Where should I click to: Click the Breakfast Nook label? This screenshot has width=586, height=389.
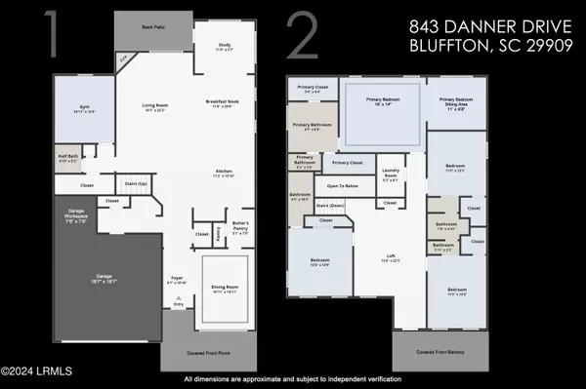(224, 102)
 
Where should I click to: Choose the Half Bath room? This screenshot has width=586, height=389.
(66, 159)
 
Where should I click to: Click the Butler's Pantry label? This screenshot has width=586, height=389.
(240, 230)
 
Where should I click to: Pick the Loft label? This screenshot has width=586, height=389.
(390, 258)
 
